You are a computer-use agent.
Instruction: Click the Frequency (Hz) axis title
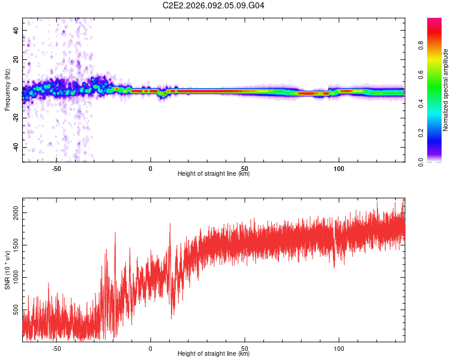coord(7,90)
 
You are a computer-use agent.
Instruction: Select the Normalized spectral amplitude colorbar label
coord(446,89)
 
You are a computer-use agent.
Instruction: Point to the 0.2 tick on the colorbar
coord(436,133)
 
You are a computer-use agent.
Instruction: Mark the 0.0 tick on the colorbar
coord(436,162)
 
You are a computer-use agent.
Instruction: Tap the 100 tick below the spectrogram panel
coord(339,169)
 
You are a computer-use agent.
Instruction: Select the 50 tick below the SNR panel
coord(245,349)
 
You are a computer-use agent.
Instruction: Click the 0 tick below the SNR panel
coord(151,349)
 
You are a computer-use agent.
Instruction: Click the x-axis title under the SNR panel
coord(214,354)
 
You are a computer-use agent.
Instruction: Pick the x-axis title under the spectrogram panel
coord(214,174)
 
